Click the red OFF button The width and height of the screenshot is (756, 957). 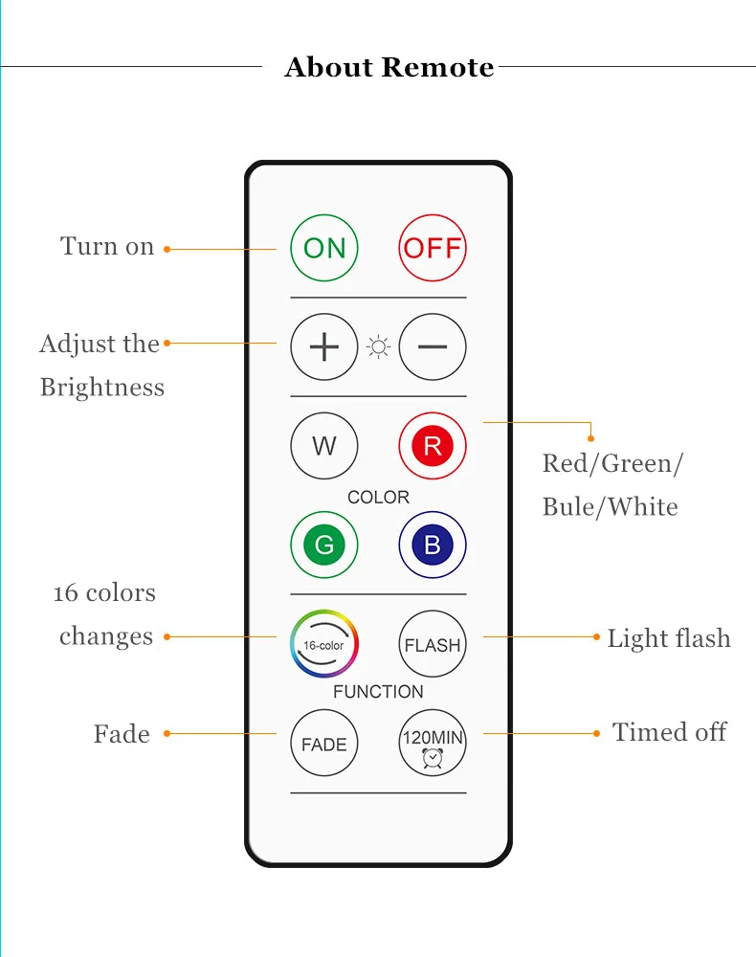[x=433, y=248]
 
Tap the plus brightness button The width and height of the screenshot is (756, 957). [x=324, y=346]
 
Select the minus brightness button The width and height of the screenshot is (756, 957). [x=433, y=346]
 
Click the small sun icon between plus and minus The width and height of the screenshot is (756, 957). [x=379, y=346]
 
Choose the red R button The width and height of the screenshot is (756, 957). [x=433, y=446]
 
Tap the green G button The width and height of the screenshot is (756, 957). [x=324, y=545]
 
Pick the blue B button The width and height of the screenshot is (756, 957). [x=433, y=545]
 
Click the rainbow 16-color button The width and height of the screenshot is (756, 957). [x=324, y=644]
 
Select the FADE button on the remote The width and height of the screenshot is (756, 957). [x=324, y=744]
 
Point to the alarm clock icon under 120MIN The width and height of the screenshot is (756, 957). [x=433, y=759]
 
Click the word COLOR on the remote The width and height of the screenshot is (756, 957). [x=378, y=497]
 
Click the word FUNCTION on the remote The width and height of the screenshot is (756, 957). [x=378, y=691]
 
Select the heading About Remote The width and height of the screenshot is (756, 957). [x=389, y=68]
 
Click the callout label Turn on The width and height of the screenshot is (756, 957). [x=107, y=246]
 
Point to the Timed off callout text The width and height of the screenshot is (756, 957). [x=669, y=732]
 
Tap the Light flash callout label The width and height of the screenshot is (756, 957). [x=668, y=638]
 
